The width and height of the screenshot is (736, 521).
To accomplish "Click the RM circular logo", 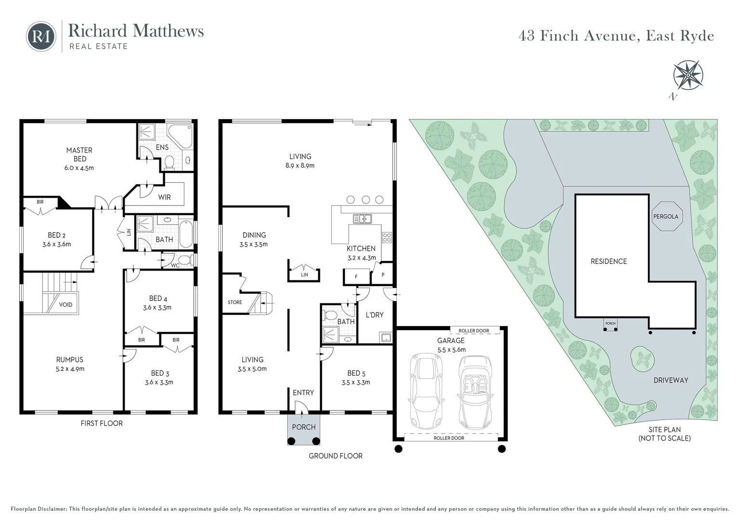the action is click(x=41, y=36).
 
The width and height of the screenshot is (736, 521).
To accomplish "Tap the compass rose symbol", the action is click(x=688, y=75).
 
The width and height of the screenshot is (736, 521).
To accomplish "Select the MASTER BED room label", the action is click(x=79, y=154).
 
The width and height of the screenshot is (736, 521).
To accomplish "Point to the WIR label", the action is click(x=164, y=197).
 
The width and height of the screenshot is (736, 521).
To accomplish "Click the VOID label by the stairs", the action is click(x=66, y=304).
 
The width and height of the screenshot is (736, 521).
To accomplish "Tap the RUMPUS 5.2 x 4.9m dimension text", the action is click(x=70, y=369).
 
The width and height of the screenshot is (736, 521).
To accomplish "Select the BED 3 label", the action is click(x=160, y=373).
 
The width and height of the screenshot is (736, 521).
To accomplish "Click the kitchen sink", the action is click(x=362, y=219).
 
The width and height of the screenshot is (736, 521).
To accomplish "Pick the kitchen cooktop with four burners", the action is click(x=387, y=237).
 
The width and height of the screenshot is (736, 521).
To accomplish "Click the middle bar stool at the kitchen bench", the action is click(x=366, y=199).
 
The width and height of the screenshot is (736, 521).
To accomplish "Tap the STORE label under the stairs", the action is click(x=235, y=302).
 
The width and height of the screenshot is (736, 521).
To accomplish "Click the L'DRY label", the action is click(x=375, y=315).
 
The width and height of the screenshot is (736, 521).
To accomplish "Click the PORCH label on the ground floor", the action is click(x=303, y=427).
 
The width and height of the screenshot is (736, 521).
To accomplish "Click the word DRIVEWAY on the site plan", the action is click(x=670, y=380).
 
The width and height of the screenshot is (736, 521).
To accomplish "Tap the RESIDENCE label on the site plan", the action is click(x=608, y=261).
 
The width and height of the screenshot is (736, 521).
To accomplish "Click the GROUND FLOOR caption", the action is click(x=335, y=456).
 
